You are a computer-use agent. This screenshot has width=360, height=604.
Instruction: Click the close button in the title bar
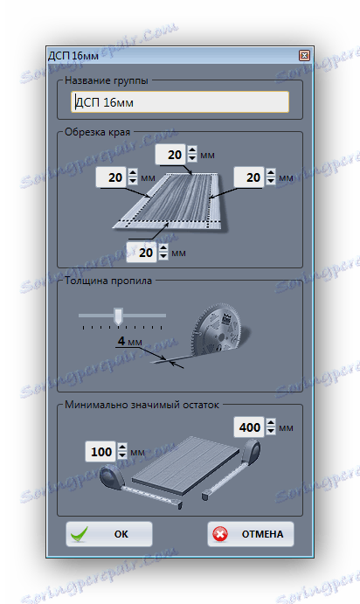[304, 55]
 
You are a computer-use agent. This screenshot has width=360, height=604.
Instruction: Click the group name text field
[180, 102]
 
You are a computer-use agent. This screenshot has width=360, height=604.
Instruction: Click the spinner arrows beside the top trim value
[192, 154]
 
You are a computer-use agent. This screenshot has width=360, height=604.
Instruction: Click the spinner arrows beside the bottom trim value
[163, 253]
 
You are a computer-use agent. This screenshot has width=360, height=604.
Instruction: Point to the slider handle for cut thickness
[118, 316]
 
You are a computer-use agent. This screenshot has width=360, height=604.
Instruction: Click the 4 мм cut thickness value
[129, 341]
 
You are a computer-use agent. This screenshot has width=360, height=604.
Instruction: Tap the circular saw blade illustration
[218, 331]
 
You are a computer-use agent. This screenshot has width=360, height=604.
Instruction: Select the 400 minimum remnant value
[250, 427]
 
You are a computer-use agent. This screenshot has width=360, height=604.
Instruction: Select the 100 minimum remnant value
[100, 451]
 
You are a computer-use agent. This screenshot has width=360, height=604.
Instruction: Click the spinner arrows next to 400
[271, 427]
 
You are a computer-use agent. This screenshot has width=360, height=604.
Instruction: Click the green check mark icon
[80, 535]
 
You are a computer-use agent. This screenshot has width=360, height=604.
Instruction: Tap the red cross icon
[220, 534]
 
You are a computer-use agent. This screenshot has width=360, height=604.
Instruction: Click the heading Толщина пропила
[108, 281]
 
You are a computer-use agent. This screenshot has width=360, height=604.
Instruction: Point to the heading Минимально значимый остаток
[142, 405]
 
